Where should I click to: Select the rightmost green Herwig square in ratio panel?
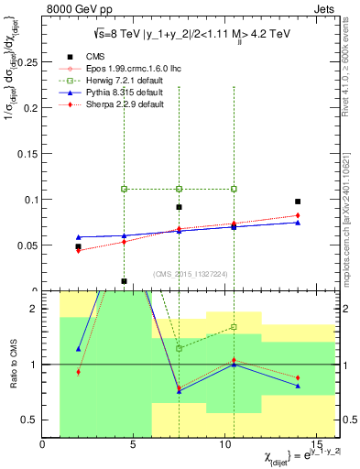tap(234, 327)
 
